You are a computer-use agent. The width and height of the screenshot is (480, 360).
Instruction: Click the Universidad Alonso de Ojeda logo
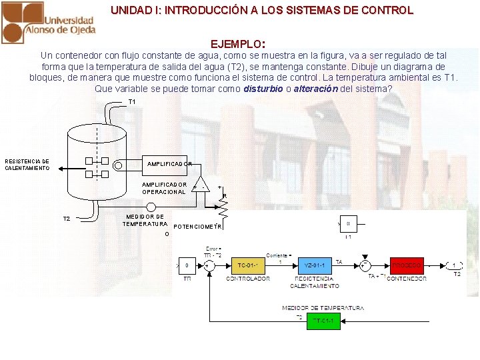pos(48,22)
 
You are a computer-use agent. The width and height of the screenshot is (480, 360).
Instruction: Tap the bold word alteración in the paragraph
pos(315,89)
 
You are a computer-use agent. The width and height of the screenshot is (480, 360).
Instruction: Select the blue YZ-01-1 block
pos(314,265)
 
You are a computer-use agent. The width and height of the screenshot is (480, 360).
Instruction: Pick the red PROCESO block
pos(407,265)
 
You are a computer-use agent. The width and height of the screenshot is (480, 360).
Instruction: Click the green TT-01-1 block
pos(323,321)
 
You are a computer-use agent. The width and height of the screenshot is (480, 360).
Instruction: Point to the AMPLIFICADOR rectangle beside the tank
pos(169,163)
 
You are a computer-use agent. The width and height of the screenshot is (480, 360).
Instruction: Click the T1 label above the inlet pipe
pos(132,102)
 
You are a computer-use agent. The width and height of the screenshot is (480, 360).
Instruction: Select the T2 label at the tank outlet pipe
pos(66,219)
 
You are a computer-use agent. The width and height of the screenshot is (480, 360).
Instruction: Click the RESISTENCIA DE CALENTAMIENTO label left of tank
pos(27,165)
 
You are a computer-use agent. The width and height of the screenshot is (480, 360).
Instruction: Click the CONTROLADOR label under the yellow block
pos(248,279)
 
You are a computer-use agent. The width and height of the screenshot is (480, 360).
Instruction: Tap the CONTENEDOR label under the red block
pos(407,279)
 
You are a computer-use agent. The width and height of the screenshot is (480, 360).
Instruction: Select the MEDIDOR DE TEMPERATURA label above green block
pos(323,308)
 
